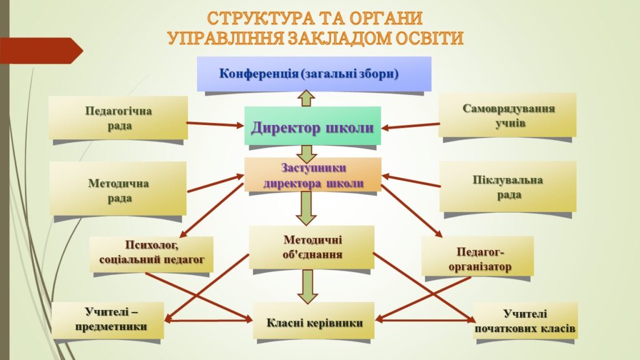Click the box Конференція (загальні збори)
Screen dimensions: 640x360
click(314, 74)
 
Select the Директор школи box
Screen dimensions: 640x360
click(312, 126)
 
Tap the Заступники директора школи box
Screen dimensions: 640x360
click(312, 175)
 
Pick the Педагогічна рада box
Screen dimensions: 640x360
click(118, 117)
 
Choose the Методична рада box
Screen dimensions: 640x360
click(118, 189)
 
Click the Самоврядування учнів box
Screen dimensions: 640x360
click(507, 115)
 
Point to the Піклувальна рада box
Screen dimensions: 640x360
click(507, 186)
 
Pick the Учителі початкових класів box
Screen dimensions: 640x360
click(526, 321)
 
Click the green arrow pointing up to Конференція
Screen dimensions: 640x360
click(306, 98)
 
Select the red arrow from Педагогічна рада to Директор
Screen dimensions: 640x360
click(215, 124)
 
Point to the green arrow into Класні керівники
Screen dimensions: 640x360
click(307, 286)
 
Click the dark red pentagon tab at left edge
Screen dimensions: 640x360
click(41, 51)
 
